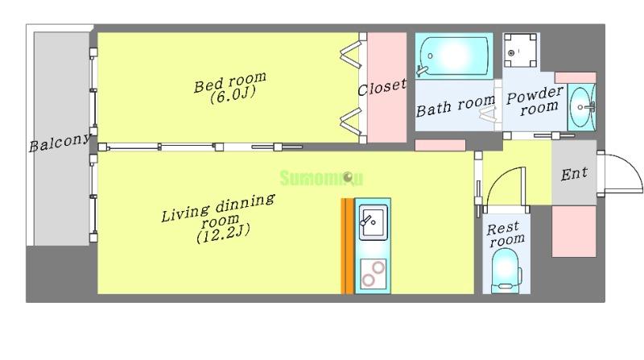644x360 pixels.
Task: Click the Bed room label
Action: [x=230, y=87]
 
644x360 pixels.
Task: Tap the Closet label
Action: [x=382, y=87]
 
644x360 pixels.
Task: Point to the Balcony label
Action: [x=60, y=143]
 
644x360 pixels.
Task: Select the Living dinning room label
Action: [x=218, y=217]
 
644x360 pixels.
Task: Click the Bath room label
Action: [x=456, y=106]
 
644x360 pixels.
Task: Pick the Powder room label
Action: [x=535, y=101]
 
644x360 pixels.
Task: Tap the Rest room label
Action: [x=506, y=234]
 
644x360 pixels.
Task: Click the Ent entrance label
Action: [x=574, y=174]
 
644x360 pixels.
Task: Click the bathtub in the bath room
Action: [x=454, y=56]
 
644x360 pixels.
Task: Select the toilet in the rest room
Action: [x=506, y=270]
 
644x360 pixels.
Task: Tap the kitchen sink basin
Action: [x=373, y=222]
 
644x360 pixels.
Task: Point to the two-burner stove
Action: [x=374, y=274]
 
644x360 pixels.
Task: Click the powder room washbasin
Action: [x=581, y=107]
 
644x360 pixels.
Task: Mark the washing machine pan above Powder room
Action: [x=520, y=50]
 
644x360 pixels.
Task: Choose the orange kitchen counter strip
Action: [x=347, y=246]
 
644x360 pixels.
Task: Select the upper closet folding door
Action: [x=350, y=56]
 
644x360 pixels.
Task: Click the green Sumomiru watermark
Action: [x=321, y=178]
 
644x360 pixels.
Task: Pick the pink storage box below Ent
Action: [x=574, y=231]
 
